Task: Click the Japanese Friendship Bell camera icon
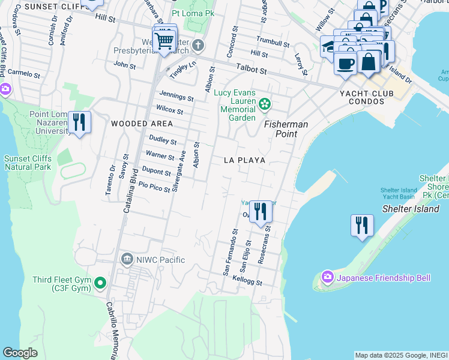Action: (328, 277)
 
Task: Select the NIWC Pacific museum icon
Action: (127, 259)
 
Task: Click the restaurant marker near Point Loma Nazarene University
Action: (79, 123)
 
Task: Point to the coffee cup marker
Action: (345, 63)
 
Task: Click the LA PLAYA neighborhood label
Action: (244, 161)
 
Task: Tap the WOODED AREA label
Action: (142, 124)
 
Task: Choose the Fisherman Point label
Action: (286, 129)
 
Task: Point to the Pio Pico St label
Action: (154, 187)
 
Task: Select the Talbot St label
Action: (252, 70)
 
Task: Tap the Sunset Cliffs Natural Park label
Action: (28, 163)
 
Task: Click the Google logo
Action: (20, 353)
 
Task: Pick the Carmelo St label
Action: (24, 74)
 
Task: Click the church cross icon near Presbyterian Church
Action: (199, 46)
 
